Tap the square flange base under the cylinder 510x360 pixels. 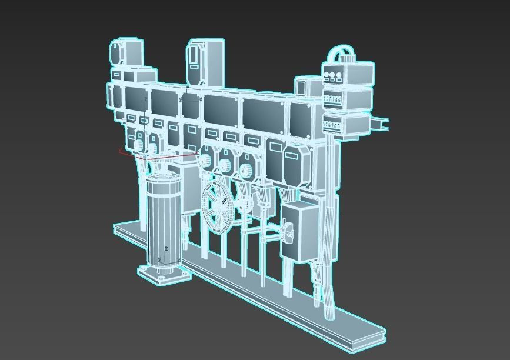(164, 274)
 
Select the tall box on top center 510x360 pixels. (205, 62)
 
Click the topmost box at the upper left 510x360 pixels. (126, 52)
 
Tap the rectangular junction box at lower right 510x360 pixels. (299, 232)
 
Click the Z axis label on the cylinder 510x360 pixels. (166, 249)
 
